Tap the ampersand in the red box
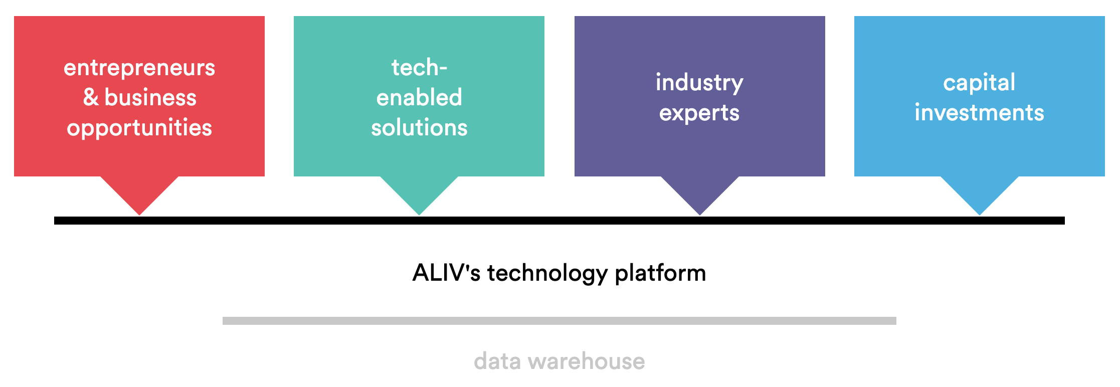click(91, 97)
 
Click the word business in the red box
click(150, 97)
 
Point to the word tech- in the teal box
click(419, 67)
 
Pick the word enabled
click(419, 97)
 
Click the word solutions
click(419, 127)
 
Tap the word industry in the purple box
click(699, 83)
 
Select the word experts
click(699, 113)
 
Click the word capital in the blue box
click(979, 83)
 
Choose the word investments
click(979, 112)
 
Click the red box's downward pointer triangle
click(139, 193)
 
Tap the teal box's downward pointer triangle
click(419, 193)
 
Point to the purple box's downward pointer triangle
click(700, 193)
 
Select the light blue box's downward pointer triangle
click(980, 193)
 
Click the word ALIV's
click(446, 273)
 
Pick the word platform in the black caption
click(660, 274)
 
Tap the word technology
click(547, 274)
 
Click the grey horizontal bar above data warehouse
click(559, 321)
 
